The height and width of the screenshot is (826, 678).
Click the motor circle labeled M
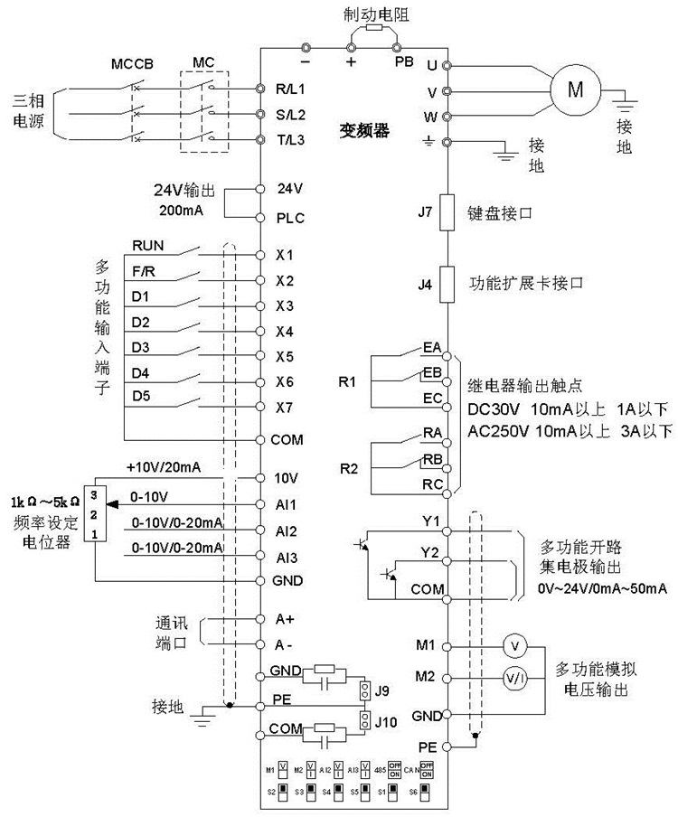[576, 88]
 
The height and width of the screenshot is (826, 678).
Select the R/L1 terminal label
[290, 89]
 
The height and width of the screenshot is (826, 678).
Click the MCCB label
[133, 66]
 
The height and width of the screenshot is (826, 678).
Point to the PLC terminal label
[290, 218]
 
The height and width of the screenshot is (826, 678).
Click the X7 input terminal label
[285, 408]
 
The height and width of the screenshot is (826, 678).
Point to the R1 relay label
[348, 382]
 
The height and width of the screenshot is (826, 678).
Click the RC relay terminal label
[431, 484]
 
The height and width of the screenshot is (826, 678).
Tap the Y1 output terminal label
[430, 521]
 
